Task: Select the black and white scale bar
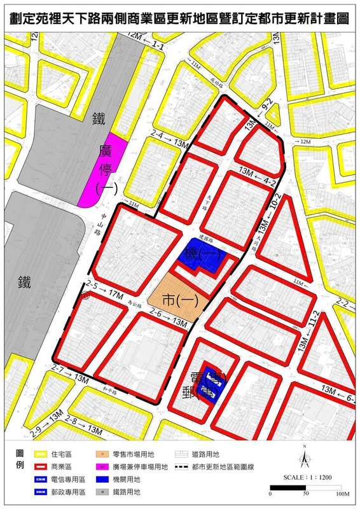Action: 305,488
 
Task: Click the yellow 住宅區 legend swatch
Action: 39,454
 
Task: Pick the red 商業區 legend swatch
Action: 39,467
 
